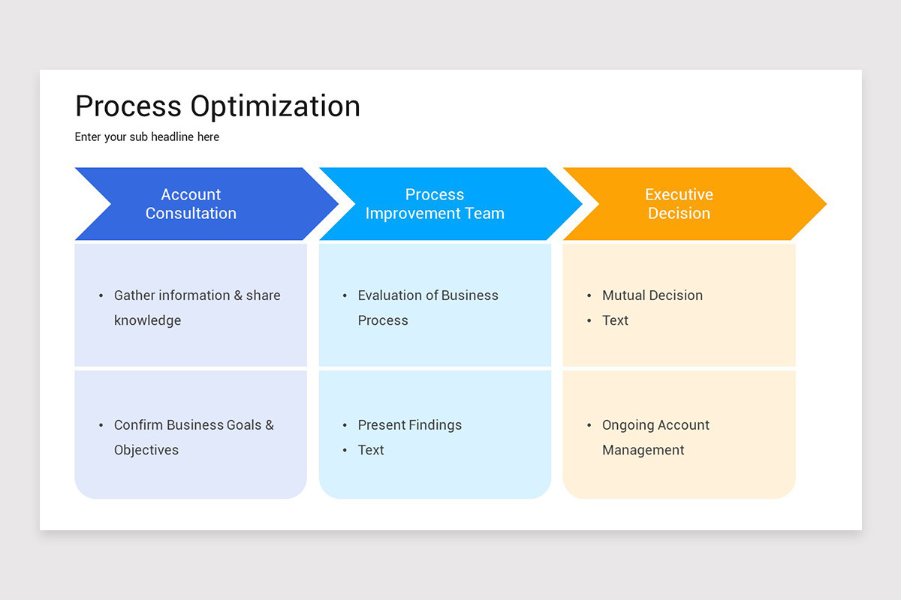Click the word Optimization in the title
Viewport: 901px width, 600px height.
click(275, 106)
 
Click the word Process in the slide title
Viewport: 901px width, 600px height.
click(128, 106)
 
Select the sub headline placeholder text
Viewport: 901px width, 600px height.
click(147, 137)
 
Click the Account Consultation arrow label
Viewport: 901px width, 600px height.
click(191, 204)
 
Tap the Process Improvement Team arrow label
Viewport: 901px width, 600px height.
click(435, 204)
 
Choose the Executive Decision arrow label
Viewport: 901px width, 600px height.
click(679, 204)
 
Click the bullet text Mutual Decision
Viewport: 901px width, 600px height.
click(652, 295)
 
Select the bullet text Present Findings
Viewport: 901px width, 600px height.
click(409, 425)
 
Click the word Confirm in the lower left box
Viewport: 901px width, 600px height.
click(138, 425)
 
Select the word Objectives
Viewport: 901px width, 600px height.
click(146, 450)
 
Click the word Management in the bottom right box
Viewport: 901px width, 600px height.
click(643, 450)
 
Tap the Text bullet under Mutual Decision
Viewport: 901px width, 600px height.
click(615, 320)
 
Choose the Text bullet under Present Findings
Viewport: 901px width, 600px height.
click(371, 450)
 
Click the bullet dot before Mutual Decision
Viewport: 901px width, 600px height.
click(589, 296)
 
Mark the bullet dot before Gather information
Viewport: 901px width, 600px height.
click(101, 296)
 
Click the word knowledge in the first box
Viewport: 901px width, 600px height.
click(147, 320)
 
